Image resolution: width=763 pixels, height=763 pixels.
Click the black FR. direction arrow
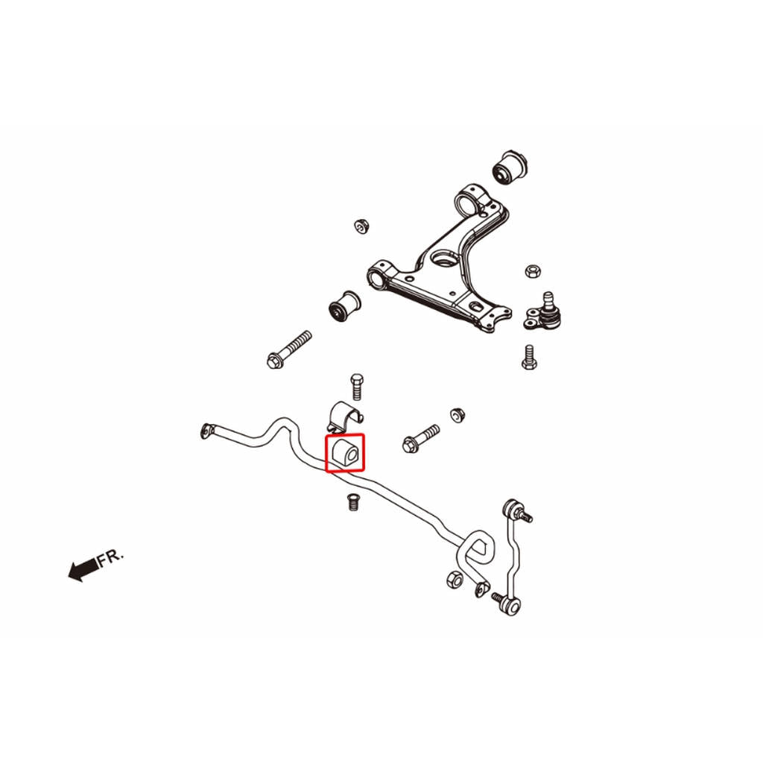(x=83, y=569)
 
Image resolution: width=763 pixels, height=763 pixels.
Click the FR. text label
(x=111, y=557)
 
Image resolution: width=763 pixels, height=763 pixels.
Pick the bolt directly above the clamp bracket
(x=357, y=387)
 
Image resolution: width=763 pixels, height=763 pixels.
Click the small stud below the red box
(x=353, y=502)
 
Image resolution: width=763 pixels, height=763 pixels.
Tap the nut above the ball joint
(x=532, y=271)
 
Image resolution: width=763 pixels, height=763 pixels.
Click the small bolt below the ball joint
(x=530, y=357)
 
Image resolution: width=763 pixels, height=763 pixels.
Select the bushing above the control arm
(x=510, y=167)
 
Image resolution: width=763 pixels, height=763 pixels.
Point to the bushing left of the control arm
(x=345, y=305)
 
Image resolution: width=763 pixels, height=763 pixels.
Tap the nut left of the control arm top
(x=361, y=227)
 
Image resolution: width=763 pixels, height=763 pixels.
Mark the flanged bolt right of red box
(x=421, y=438)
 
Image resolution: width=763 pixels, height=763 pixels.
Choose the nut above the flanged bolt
(x=458, y=415)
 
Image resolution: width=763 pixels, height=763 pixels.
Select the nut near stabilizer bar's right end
(x=454, y=579)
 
